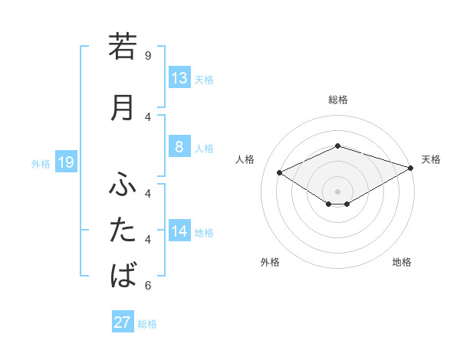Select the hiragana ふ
(x=123, y=185)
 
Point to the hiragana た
(x=123, y=230)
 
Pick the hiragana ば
(x=123, y=274)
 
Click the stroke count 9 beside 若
(x=148, y=55)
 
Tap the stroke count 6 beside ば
(x=148, y=286)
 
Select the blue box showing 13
(x=179, y=78)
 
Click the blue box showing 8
(x=179, y=147)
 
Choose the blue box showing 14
(x=179, y=231)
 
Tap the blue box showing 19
(x=65, y=162)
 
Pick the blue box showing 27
(x=123, y=322)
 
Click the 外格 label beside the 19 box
(x=40, y=163)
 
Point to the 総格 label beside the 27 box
(x=147, y=324)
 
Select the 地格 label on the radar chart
(x=402, y=263)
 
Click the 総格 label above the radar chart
(x=337, y=100)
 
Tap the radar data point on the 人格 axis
(x=279, y=172)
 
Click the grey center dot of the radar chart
(x=337, y=191)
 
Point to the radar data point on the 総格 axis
(x=337, y=146)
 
